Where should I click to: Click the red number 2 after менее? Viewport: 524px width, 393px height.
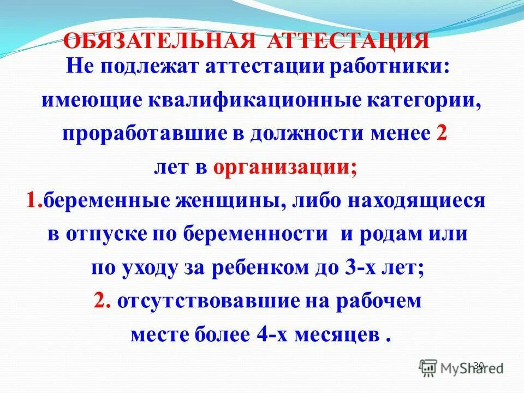pyautogui.click(x=441, y=134)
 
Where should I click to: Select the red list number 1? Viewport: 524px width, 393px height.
pyautogui.click(x=33, y=201)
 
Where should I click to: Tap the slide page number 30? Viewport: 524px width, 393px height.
pyautogui.click(x=479, y=365)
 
